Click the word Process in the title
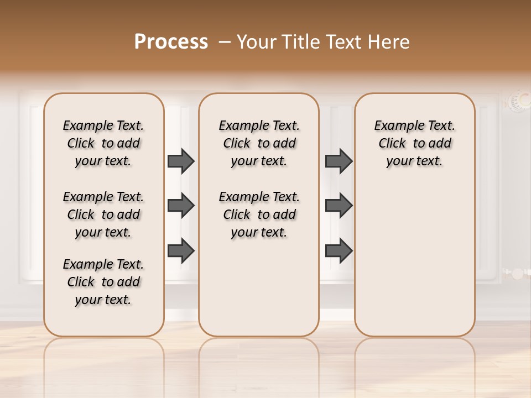pyautogui.click(x=171, y=42)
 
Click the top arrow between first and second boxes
pyautogui.click(x=181, y=161)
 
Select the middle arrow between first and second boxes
pyautogui.click(x=181, y=206)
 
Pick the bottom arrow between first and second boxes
pyautogui.click(x=181, y=250)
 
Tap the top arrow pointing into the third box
pyautogui.click(x=339, y=161)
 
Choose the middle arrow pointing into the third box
pyautogui.click(x=339, y=206)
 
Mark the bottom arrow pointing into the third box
pyautogui.click(x=339, y=250)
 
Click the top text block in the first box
pyautogui.click(x=103, y=143)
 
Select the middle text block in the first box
pyautogui.click(x=103, y=214)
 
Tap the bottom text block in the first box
pyautogui.click(x=103, y=282)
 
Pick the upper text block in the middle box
pyautogui.click(x=259, y=143)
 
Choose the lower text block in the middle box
pyautogui.click(x=259, y=214)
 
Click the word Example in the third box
pyautogui.click(x=394, y=126)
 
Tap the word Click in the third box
pyautogui.click(x=392, y=144)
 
